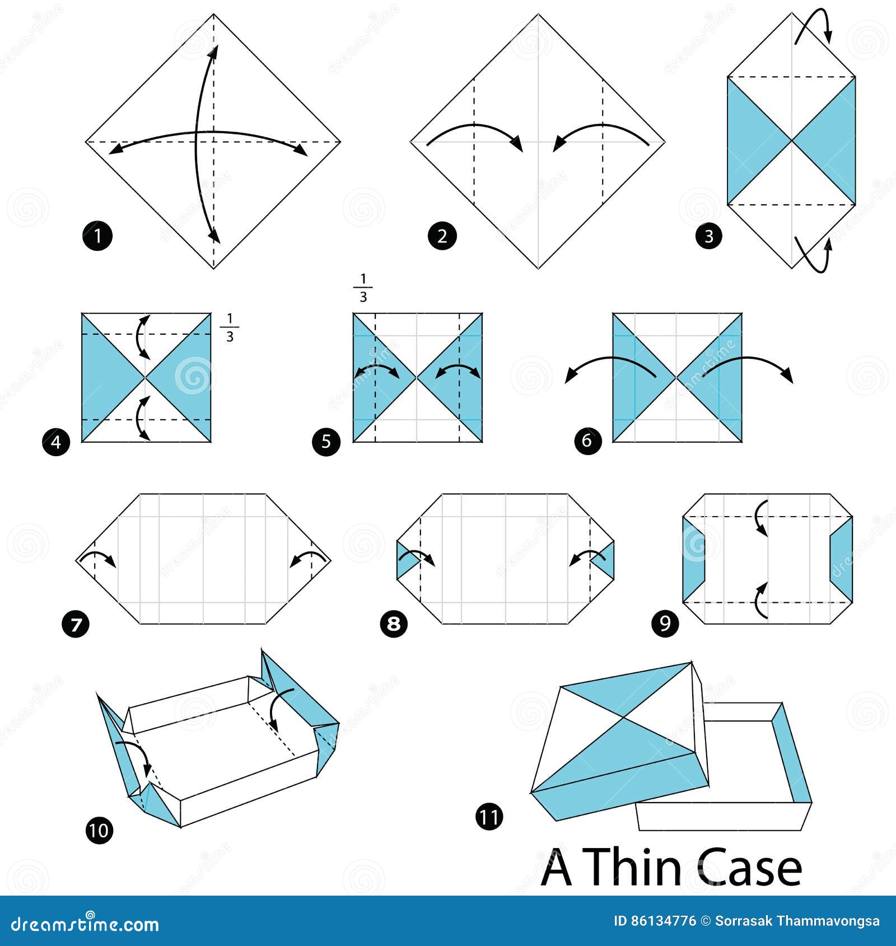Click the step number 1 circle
[x=97, y=236]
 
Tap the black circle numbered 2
[x=442, y=236]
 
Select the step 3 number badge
[x=708, y=236]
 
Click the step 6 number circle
[x=587, y=441]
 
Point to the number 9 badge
[x=665, y=623]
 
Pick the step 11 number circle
[x=489, y=817]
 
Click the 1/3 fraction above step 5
[x=363, y=288]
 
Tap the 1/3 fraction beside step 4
[x=229, y=327]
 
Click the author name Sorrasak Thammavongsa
[x=797, y=921]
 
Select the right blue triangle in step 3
[x=834, y=140]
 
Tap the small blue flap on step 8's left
[x=404, y=560]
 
